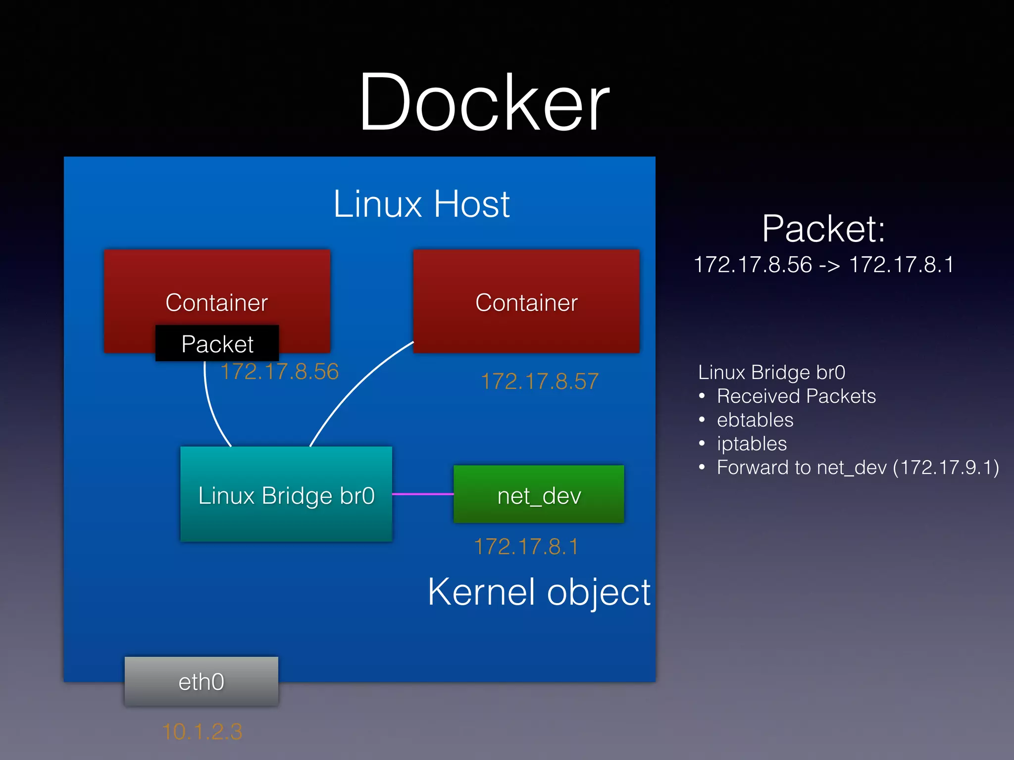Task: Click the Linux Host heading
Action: (x=421, y=204)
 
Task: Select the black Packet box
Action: (x=217, y=343)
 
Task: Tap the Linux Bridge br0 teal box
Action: (x=286, y=495)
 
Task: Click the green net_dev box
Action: (x=539, y=495)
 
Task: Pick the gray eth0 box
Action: (x=201, y=682)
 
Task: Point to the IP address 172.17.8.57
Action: (x=540, y=381)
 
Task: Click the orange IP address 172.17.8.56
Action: (x=280, y=372)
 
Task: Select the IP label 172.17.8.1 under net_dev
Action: (x=526, y=547)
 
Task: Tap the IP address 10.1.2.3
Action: (x=202, y=732)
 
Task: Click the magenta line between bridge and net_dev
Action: (x=422, y=494)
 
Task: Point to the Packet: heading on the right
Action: (x=823, y=229)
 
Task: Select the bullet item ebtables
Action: (x=755, y=420)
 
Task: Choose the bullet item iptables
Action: (x=752, y=444)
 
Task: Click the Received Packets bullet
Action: (x=796, y=396)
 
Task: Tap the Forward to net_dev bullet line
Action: (x=857, y=468)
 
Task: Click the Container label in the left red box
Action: (x=217, y=302)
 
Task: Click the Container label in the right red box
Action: (x=526, y=302)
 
